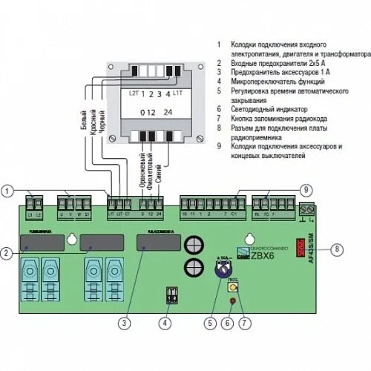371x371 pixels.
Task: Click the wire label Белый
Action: click(83, 119)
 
